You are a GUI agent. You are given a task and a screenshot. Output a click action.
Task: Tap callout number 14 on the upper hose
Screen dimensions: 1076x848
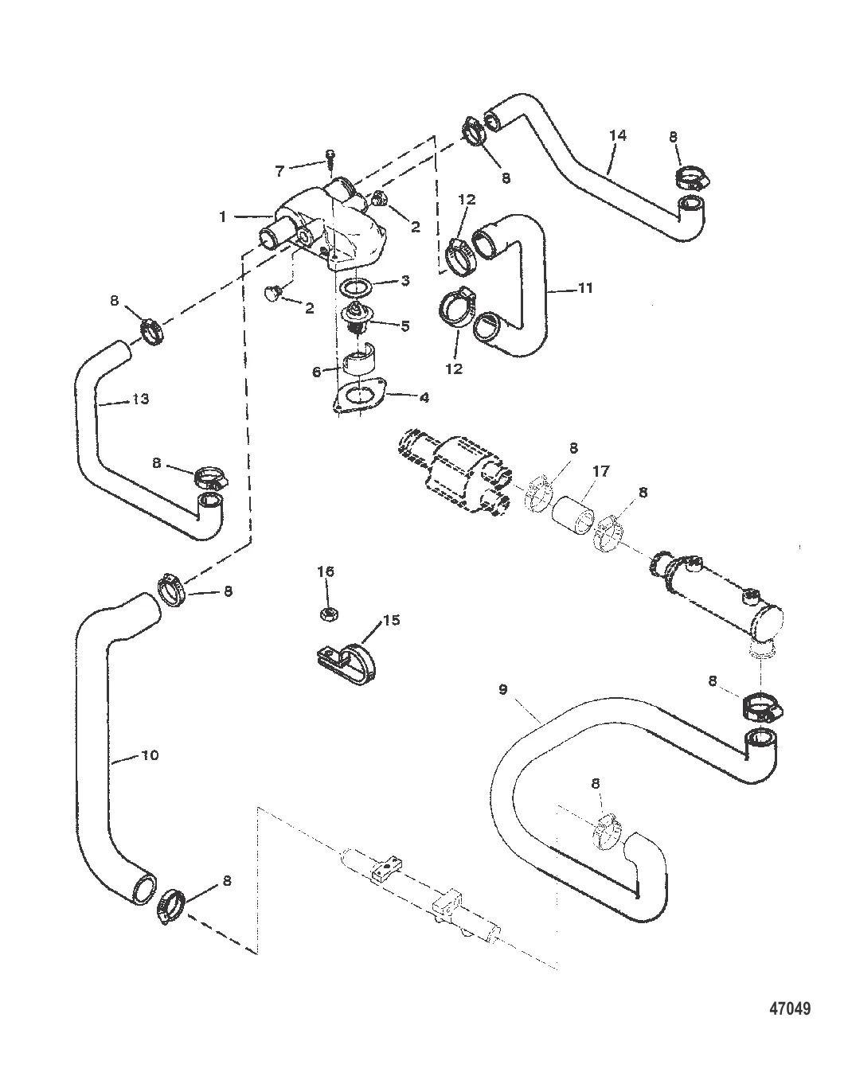[x=617, y=135]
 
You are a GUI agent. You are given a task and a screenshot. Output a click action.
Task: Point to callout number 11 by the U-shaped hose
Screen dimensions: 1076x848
[x=585, y=288]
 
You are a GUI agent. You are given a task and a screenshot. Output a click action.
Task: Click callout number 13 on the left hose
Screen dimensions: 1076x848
[x=139, y=400]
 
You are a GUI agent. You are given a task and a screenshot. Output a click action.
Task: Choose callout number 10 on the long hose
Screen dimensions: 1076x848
[x=150, y=754]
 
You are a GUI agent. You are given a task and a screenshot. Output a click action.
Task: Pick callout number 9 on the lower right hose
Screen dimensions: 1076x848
[x=502, y=690]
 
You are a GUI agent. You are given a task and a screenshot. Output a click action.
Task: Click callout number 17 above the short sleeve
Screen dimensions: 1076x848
[x=600, y=472]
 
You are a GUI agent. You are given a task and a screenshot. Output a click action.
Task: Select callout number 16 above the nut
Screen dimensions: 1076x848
[x=326, y=571]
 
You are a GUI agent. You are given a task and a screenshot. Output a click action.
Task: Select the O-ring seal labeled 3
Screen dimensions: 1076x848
[x=355, y=285]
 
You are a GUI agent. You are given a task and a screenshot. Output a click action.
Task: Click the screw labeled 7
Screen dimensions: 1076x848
[x=328, y=159]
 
